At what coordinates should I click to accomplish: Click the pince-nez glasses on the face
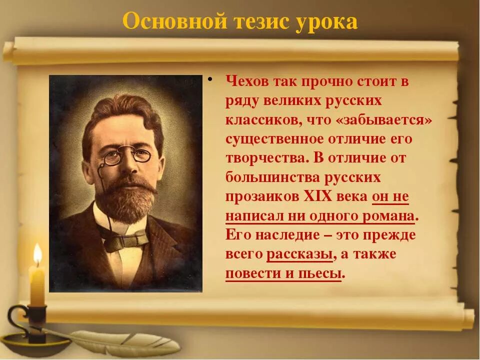126,157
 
